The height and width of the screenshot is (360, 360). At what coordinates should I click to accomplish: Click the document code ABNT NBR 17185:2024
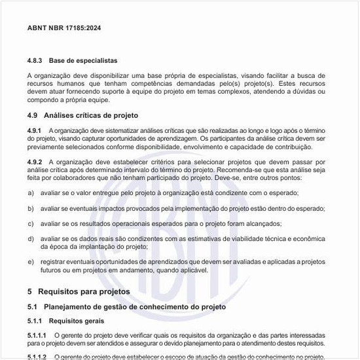(64, 29)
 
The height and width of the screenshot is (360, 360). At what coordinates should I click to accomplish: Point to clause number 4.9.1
(35, 130)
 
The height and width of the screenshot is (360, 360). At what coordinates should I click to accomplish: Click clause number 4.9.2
(35, 161)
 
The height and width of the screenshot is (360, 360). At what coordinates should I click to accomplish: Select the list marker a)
(31, 192)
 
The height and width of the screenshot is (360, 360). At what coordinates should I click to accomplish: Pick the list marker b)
(31, 208)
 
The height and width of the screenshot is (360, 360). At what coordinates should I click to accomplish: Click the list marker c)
(31, 223)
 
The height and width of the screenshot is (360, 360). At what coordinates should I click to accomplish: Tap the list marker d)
(31, 239)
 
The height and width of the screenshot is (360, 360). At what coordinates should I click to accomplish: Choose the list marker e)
(31, 262)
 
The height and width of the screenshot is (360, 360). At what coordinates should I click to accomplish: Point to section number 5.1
(33, 306)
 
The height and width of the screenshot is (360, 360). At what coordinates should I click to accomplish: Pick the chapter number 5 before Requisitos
(30, 291)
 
